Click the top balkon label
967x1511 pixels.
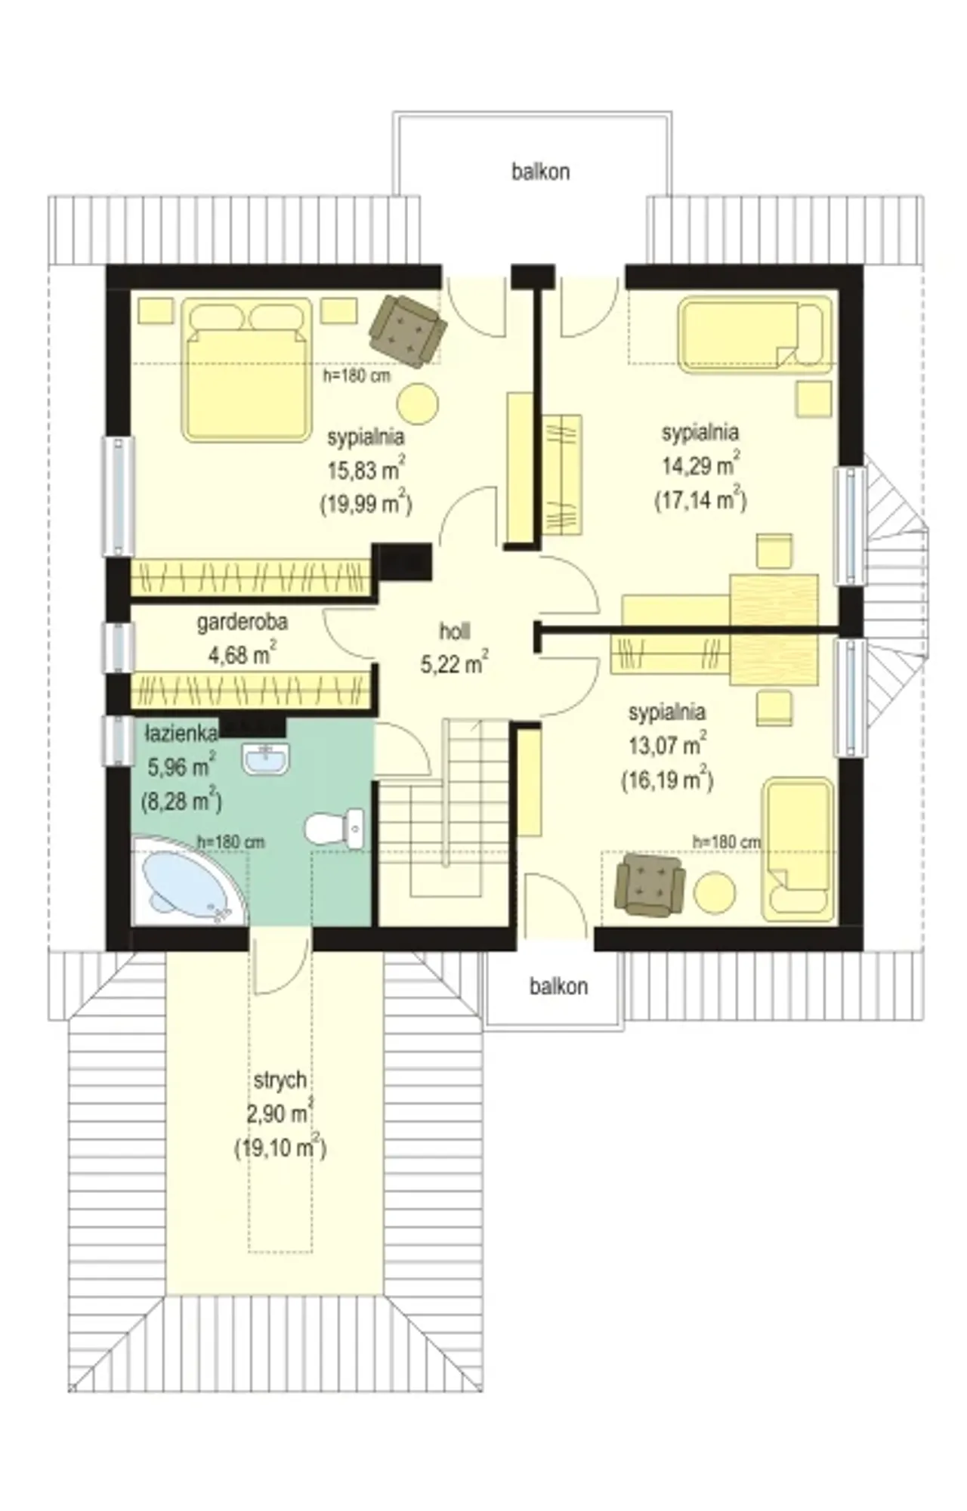pyautogui.click(x=540, y=171)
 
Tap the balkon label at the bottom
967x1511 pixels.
pyautogui.click(x=558, y=986)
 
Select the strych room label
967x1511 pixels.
pyautogui.click(x=280, y=1081)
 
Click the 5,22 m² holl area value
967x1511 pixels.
pyautogui.click(x=454, y=663)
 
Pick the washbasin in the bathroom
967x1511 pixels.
pyautogui.click(x=264, y=759)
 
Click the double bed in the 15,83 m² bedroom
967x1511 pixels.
pyautogui.click(x=247, y=369)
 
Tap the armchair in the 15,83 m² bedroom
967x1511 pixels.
pyautogui.click(x=408, y=330)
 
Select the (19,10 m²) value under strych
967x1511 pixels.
pyautogui.click(x=280, y=1148)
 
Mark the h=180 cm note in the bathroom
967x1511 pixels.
pyautogui.click(x=230, y=842)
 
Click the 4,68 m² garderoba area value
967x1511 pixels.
pyautogui.click(x=242, y=654)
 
